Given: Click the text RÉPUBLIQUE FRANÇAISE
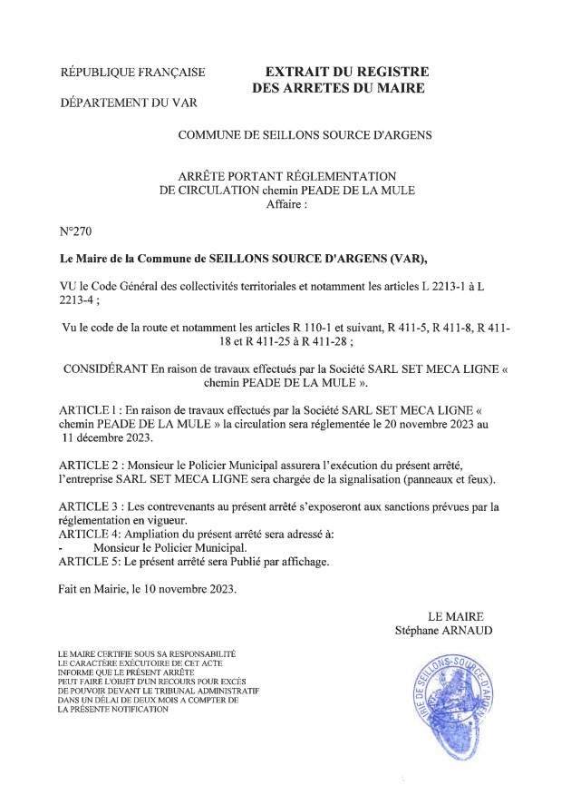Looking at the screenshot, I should click(131, 73).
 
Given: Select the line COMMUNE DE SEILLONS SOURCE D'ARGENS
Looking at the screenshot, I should click(305, 135).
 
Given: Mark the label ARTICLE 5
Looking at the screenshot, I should click(91, 561).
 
